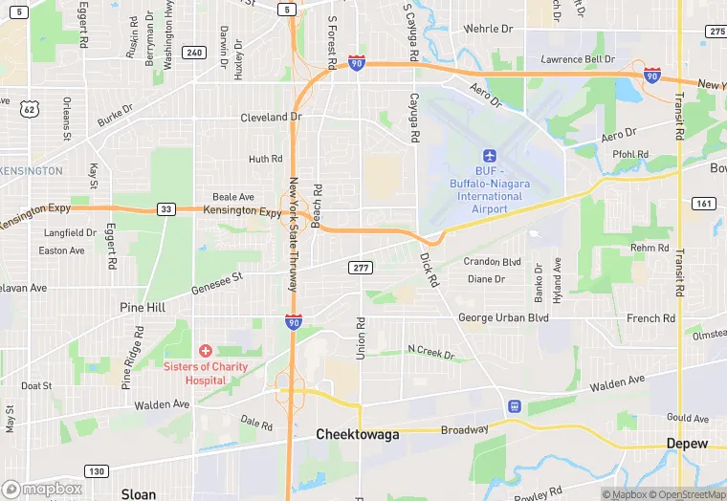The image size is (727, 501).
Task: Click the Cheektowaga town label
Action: [357, 434]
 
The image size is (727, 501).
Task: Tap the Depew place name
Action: [687, 444]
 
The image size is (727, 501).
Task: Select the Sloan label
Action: [138, 493]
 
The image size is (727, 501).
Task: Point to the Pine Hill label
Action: [143, 307]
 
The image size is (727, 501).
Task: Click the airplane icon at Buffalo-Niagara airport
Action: [490, 155]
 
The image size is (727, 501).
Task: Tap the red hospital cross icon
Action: [205, 351]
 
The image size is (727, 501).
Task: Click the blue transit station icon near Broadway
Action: [515, 406]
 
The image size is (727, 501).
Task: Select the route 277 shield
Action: [361, 267]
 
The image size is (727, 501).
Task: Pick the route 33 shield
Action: [166, 208]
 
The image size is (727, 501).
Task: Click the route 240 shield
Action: [194, 53]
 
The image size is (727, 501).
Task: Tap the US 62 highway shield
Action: [30, 109]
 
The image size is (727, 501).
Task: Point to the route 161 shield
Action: [703, 204]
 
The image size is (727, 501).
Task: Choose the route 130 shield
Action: [95, 470]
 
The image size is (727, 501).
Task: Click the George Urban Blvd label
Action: [503, 317]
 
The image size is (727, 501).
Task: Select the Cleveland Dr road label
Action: [271, 118]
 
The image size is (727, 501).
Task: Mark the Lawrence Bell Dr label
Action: [577, 59]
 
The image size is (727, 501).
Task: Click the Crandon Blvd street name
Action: [492, 262]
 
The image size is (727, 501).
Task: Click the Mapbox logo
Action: [43, 489]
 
